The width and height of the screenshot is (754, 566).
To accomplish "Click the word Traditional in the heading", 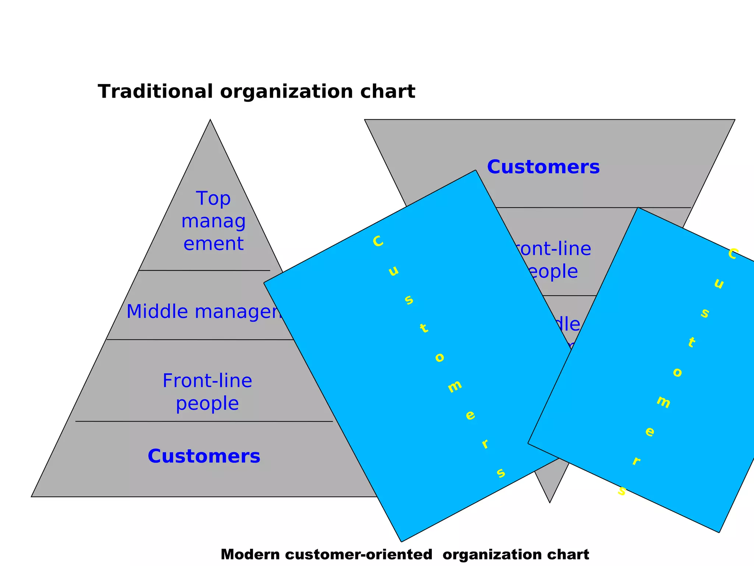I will (x=155, y=91).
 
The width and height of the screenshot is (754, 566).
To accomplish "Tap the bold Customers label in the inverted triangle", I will (x=543, y=167).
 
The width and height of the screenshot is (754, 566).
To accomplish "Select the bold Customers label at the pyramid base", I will (x=204, y=456).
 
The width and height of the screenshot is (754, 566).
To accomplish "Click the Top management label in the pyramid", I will (x=213, y=221).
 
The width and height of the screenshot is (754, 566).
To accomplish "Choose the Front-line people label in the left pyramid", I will (x=207, y=392).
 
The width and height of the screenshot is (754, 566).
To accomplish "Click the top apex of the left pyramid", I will (x=210, y=120).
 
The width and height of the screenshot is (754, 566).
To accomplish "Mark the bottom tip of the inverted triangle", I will (x=550, y=502).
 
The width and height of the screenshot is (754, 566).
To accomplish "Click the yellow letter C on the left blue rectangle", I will (x=378, y=242).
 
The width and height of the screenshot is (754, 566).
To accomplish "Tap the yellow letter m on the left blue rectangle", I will (x=455, y=386).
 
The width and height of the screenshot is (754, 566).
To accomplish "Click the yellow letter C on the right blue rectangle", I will (x=733, y=254).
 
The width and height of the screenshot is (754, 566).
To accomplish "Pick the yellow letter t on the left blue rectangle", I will (x=424, y=328).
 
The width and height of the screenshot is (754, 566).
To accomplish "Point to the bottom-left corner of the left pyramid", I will (x=32, y=496).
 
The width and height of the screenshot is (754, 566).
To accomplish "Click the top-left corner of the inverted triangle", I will (x=365, y=120).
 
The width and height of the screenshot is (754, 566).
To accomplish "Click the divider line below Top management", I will (x=204, y=270).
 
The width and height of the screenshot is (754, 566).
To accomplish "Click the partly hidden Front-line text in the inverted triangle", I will (x=552, y=249).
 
